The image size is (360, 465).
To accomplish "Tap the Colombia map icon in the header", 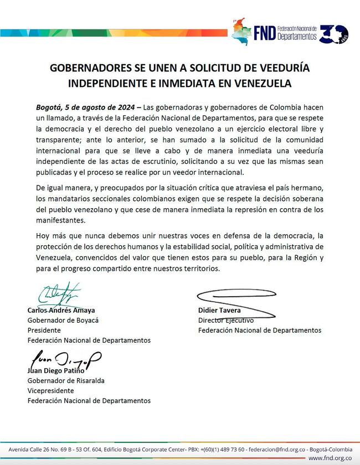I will pyautogui.click(x=241, y=32).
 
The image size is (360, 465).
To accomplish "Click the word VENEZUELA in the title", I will pyautogui.click(x=260, y=84).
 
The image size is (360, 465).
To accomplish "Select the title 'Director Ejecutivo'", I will pyautogui.click(x=226, y=320).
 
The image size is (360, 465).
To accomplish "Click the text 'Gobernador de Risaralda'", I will pyautogui.click(x=66, y=381).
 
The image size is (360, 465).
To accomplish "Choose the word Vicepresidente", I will pyautogui.click(x=51, y=391).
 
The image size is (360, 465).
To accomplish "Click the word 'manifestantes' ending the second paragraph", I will pyautogui.click(x=53, y=220).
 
